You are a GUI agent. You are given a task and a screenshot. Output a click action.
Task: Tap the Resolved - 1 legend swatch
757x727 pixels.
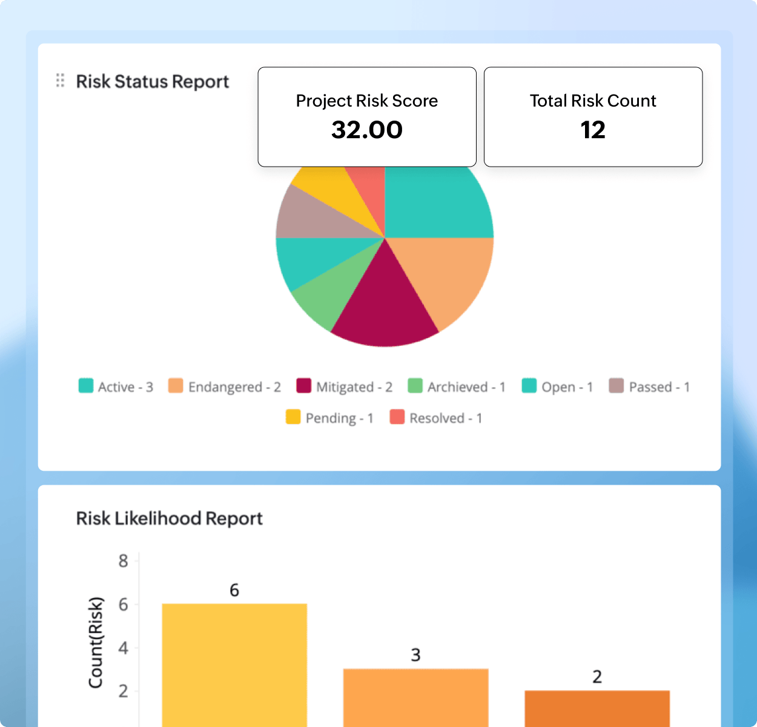(x=397, y=417)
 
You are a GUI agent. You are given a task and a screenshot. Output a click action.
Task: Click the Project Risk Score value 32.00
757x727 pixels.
(x=367, y=130)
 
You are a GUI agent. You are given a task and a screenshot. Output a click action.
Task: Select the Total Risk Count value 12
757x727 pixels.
(x=593, y=130)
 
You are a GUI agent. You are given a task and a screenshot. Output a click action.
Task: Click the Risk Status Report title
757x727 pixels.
(x=153, y=81)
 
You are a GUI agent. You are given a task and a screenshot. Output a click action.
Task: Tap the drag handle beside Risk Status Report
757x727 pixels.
(x=60, y=81)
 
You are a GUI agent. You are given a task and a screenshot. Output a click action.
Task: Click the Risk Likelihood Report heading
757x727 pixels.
(x=170, y=519)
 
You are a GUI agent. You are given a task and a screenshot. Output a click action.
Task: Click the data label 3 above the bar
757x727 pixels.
(x=415, y=655)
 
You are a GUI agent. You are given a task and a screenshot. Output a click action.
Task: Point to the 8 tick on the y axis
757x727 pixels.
(x=124, y=561)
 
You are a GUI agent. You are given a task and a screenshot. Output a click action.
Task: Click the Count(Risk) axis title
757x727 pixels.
(x=96, y=642)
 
